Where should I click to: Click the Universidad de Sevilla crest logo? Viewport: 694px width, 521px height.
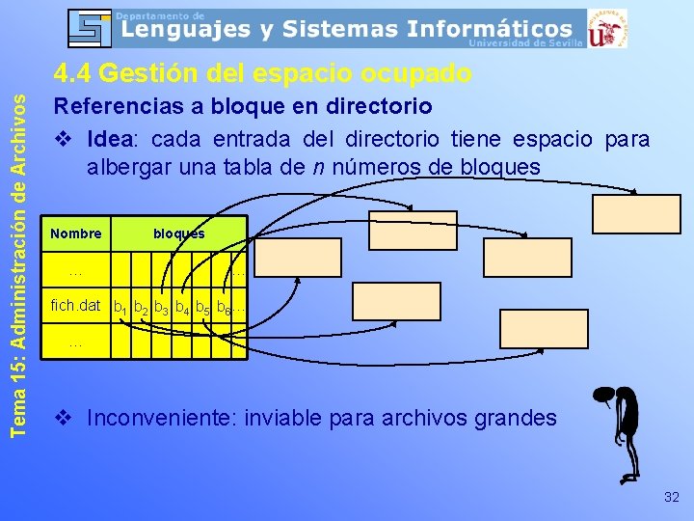point(608,28)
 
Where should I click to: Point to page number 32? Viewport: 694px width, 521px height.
point(671,497)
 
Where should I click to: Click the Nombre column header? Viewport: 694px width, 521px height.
point(76,233)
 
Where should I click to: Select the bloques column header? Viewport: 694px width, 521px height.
point(178,233)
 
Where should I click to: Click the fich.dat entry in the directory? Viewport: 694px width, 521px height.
point(75,306)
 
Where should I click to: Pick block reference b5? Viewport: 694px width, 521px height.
point(202,308)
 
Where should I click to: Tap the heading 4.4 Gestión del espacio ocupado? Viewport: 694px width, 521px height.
point(262,73)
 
